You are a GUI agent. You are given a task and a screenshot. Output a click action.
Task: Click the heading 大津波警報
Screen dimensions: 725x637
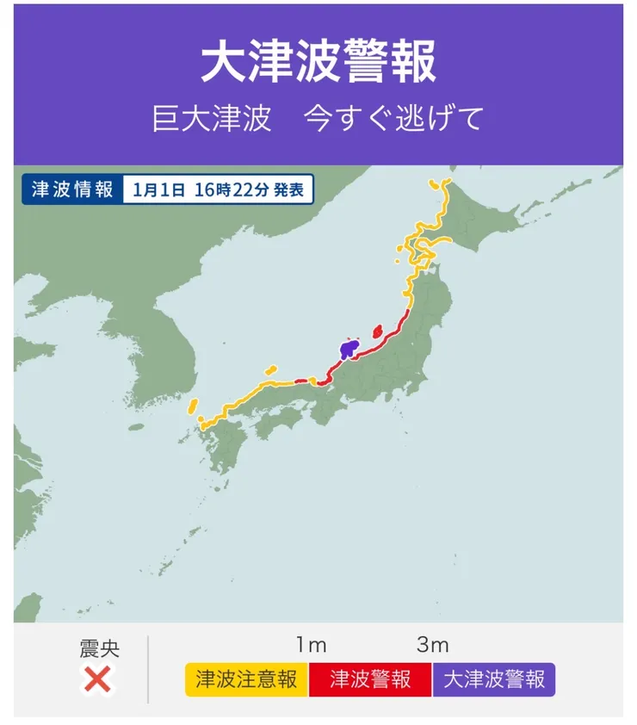point(318,62)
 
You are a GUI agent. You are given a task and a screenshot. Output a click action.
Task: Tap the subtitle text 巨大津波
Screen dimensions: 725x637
point(211,119)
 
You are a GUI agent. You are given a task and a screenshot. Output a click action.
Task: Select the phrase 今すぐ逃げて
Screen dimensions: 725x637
point(394,119)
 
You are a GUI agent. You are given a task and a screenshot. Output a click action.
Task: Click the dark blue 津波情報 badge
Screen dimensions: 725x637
point(72,189)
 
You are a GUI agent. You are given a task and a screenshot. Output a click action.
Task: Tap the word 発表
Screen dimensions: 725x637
point(289,190)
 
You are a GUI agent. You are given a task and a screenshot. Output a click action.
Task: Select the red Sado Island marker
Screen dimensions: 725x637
point(376,332)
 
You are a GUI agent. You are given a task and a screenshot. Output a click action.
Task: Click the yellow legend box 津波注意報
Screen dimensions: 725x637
point(246,679)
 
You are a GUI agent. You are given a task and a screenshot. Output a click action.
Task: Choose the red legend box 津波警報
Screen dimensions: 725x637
point(370,679)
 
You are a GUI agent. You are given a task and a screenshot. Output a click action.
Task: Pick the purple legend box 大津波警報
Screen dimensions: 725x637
point(494,679)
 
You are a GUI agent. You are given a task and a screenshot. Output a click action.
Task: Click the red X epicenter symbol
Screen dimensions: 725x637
point(98,680)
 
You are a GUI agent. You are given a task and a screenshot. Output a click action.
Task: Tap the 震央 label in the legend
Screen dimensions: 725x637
point(98,648)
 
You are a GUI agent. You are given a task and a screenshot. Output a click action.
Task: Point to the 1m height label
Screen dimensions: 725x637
point(311,645)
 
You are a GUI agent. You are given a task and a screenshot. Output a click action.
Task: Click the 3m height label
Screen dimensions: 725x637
point(433,645)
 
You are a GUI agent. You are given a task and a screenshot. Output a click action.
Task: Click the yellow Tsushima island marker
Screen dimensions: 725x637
point(194,405)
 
